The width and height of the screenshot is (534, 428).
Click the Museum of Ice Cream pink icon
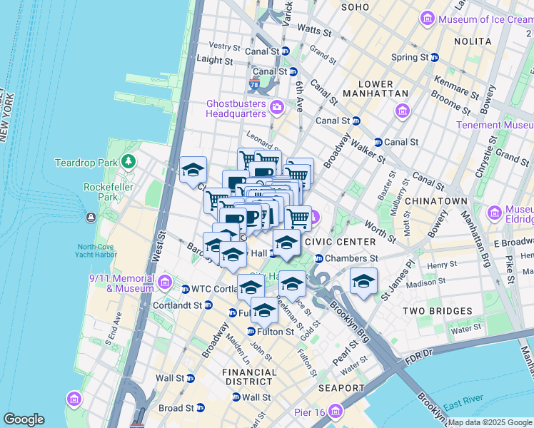(x=428, y=18)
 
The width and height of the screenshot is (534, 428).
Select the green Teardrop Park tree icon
(x=129, y=163)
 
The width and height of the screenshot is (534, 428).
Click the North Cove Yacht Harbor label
(x=104, y=253)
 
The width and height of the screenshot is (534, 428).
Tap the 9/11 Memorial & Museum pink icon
(x=165, y=282)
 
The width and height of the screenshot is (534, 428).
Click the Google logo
(x=24, y=419)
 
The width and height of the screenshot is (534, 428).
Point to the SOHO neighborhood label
(x=355, y=7)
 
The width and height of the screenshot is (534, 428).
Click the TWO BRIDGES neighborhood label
(x=437, y=311)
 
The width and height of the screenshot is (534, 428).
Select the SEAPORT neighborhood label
(x=342, y=388)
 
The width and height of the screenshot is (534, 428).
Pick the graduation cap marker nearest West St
(x=193, y=170)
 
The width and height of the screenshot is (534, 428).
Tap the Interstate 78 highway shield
(x=255, y=85)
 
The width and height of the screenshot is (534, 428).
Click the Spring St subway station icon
(x=434, y=57)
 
